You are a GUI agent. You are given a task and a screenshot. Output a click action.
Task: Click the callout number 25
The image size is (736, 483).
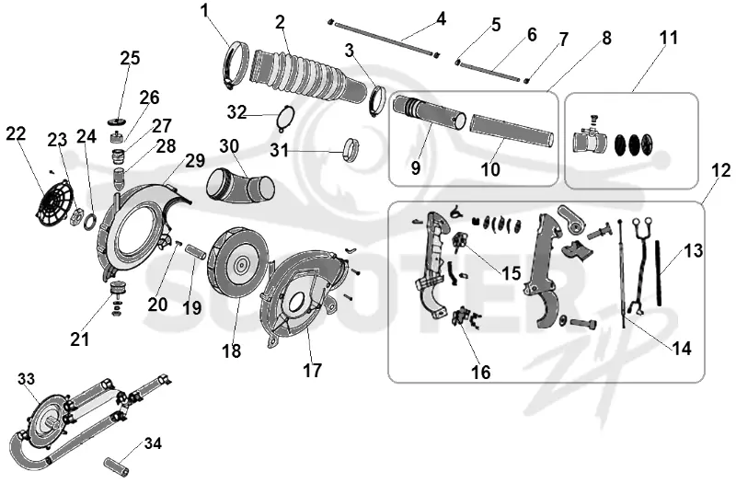click(x=130, y=58)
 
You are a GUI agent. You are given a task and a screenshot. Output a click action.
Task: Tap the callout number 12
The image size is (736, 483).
click(x=721, y=171)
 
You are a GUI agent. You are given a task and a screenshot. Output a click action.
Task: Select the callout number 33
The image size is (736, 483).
click(x=27, y=379)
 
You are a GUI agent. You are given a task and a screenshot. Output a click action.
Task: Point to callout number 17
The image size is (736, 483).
click(x=312, y=371)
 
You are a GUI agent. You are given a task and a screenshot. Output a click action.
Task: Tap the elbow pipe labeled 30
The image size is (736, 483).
click(x=240, y=187)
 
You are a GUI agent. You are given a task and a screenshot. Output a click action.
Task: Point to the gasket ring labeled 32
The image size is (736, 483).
click(x=285, y=118)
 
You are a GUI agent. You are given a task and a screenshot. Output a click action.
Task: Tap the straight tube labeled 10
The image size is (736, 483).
click(x=512, y=129)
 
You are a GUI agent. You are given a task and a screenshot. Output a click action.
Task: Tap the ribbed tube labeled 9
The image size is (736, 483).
click(x=429, y=112)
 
